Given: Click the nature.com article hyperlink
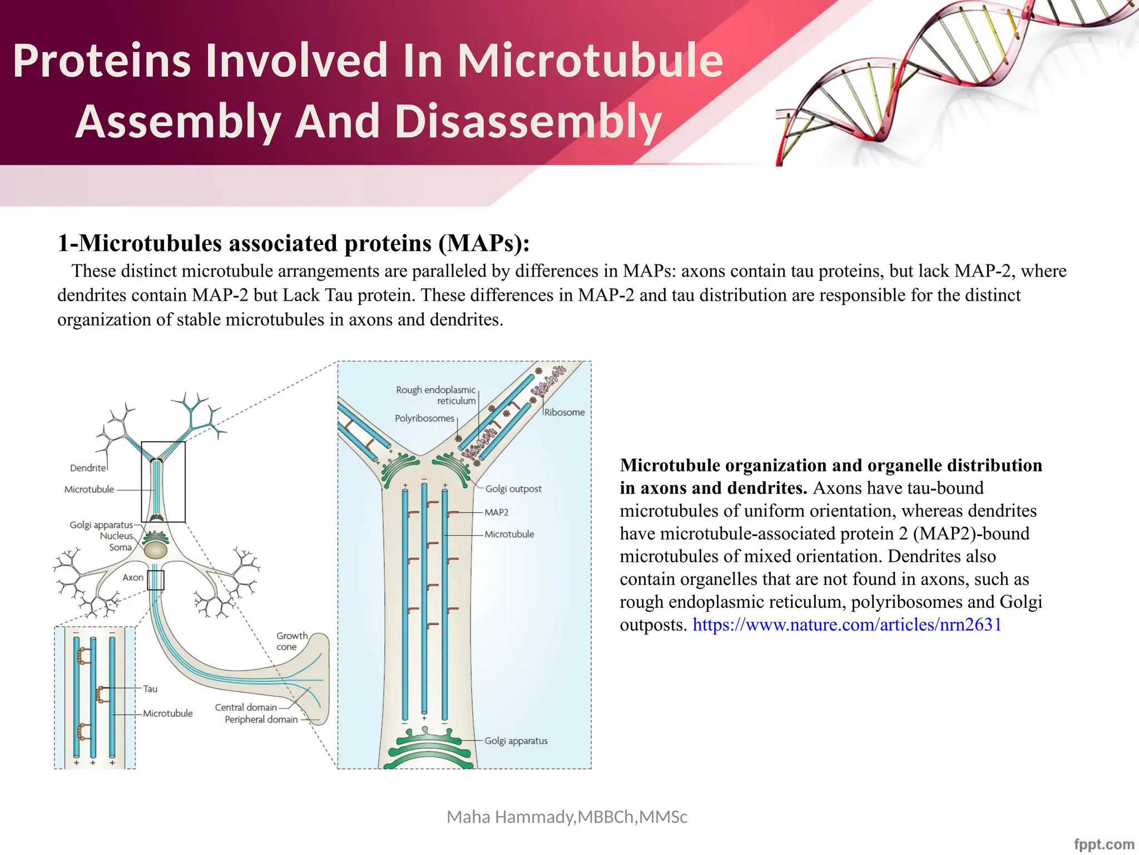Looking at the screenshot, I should tap(846, 625).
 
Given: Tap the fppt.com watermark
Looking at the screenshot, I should tap(1103, 844).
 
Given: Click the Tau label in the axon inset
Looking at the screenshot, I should tap(150, 689).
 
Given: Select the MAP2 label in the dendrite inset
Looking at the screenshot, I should tap(496, 512).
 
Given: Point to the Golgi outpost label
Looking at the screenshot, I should tap(513, 489).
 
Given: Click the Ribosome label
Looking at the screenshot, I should tap(564, 412).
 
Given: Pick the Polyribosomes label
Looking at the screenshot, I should tap(424, 418).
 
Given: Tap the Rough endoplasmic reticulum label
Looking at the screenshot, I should tap(436, 395).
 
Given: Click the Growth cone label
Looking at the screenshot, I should tap(291, 641).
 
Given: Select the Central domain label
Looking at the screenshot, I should tap(246, 707).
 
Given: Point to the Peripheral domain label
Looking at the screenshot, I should tap(261, 720).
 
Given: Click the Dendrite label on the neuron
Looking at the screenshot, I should tap(87, 468).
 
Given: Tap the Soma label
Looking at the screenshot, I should tap(120, 548).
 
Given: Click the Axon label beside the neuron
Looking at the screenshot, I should tap(132, 578).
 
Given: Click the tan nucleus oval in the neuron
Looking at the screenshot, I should tap(155, 551).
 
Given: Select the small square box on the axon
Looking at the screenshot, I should tap(156, 580).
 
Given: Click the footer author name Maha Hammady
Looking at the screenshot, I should tap(567, 817).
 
